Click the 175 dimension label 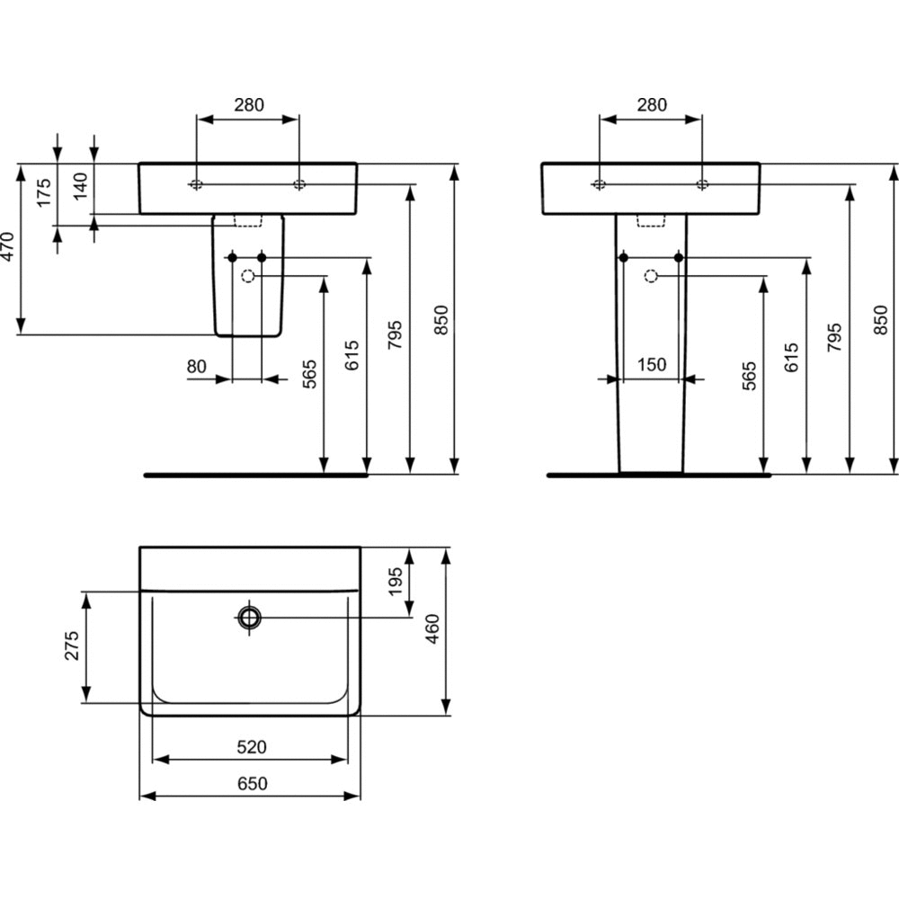coord(44,192)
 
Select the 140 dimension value coord(82,186)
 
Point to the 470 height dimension coord(7,246)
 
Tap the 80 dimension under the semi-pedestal coord(196,366)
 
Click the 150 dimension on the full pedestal coord(652,365)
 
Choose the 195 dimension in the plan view coord(396,582)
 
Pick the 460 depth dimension coord(432,628)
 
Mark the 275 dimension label coord(72,645)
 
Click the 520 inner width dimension coord(252,746)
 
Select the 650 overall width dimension coord(253,783)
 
